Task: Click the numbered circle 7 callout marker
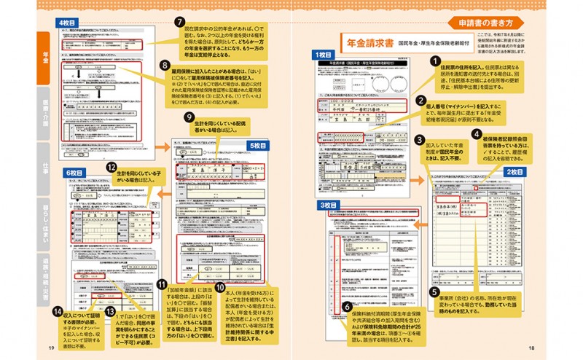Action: click(179, 23)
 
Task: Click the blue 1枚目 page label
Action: click(324, 55)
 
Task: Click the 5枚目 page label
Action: click(258, 146)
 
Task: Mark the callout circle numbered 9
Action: click(189, 117)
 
